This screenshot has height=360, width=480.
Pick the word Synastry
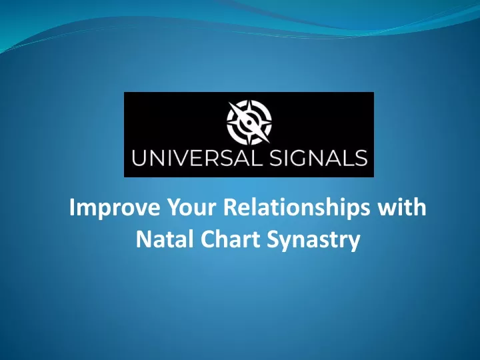313,240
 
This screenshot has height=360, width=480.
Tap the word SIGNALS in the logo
319,158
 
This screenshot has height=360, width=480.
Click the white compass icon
249,123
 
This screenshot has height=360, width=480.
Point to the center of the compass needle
249,123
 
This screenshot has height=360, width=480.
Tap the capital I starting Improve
71,207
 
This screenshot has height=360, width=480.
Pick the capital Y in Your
174,207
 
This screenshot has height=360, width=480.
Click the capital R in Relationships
230,207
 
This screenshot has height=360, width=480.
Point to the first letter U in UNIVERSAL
139,158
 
